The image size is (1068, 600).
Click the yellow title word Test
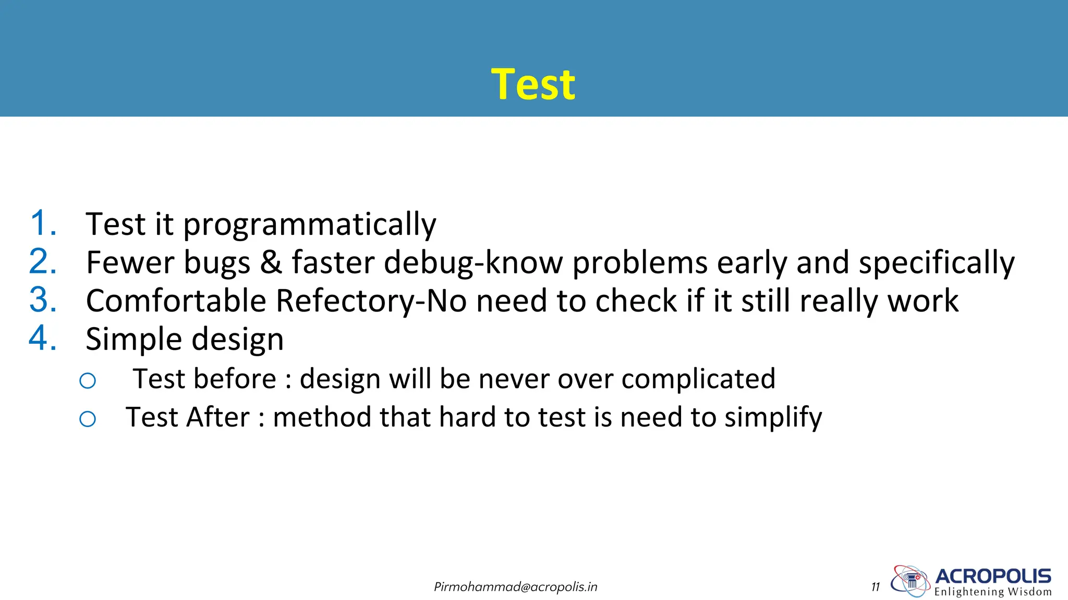tap(533, 84)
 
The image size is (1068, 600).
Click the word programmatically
tap(310, 225)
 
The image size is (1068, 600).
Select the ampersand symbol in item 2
tap(271, 262)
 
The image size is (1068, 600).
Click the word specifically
tap(937, 263)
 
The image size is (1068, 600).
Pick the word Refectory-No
tap(371, 301)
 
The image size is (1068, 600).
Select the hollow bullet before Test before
tap(88, 381)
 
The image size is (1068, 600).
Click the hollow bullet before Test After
tap(88, 419)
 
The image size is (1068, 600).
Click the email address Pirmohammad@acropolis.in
tap(515, 587)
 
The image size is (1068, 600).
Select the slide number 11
tap(875, 587)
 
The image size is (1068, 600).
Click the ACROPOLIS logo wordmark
tap(993, 576)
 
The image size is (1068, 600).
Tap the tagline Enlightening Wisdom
tap(993, 592)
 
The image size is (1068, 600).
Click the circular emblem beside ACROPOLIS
tap(910, 580)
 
